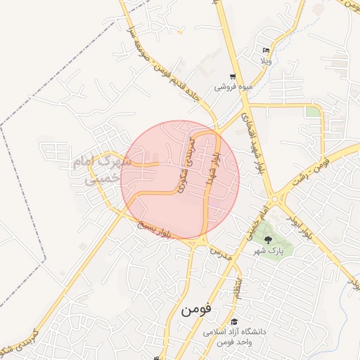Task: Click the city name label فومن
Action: [x=186, y=309]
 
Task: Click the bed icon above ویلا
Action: [x=266, y=50]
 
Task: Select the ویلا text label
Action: [x=266, y=60]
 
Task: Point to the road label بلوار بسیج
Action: [x=154, y=229]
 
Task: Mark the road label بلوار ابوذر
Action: [x=299, y=224]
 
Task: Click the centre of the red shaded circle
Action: [x=180, y=180]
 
